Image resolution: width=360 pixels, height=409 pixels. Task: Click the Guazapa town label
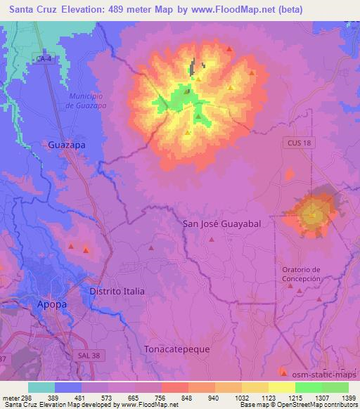click(67, 144)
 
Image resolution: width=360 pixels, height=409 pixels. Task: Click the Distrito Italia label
click(117, 291)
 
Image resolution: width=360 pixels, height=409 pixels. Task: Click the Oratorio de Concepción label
click(301, 274)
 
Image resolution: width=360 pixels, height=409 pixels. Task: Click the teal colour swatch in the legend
click(41, 387)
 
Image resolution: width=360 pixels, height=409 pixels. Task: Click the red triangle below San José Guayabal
click(212, 240)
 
